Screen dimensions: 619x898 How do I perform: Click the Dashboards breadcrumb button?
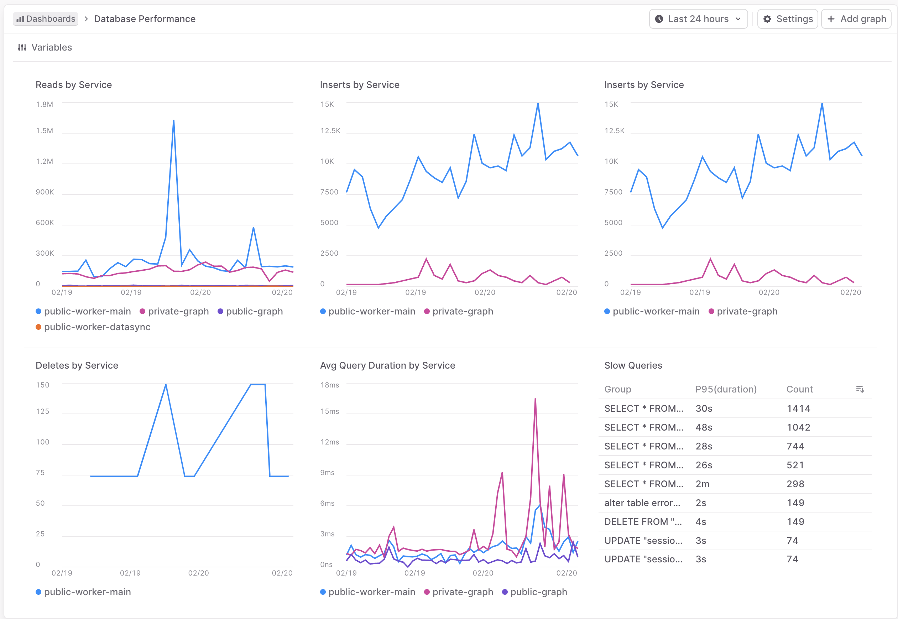[46, 19]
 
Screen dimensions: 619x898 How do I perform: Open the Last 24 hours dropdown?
[698, 19]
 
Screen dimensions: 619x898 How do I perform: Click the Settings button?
[788, 19]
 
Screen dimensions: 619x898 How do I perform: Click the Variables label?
[51, 47]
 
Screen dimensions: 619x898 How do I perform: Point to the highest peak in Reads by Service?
[173, 121]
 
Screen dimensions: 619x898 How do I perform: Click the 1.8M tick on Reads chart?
[44, 104]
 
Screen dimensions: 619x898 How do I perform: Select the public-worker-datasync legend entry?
[97, 327]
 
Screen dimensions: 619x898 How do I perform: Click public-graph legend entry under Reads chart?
[254, 311]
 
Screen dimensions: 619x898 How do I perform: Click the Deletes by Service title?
[77, 365]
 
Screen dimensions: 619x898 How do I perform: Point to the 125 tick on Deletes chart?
[42, 411]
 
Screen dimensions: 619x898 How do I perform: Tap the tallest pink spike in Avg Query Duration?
[535, 400]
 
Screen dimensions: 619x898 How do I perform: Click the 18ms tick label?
[329, 385]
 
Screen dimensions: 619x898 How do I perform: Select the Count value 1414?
[798, 409]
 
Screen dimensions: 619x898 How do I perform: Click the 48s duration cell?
[704, 427]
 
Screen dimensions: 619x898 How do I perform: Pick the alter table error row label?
[642, 503]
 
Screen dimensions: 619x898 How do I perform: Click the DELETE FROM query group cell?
[642, 522]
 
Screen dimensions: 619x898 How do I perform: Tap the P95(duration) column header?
[725, 389]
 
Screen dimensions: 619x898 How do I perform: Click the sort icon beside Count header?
[860, 389]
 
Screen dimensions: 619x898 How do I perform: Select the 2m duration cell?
[702, 484]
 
